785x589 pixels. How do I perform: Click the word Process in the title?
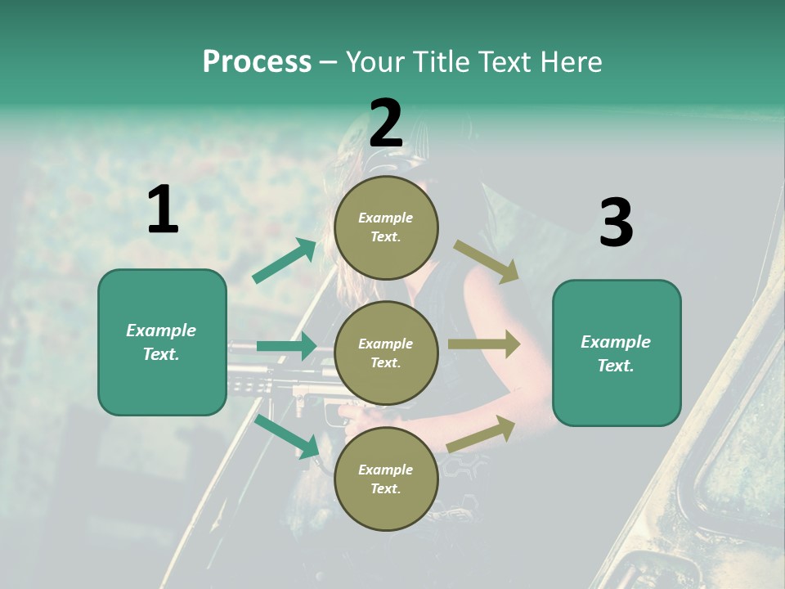point(257,62)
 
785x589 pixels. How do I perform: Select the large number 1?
point(163,210)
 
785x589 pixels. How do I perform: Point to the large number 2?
point(386,123)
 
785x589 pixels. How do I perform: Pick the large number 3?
point(616,223)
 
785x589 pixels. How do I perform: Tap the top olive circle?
point(386,227)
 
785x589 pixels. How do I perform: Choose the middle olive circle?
point(386,353)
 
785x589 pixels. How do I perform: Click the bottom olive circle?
point(386,479)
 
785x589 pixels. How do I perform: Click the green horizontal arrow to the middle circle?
point(286,346)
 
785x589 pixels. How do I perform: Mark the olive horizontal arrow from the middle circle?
point(483,344)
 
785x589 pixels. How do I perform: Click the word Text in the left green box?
point(161,354)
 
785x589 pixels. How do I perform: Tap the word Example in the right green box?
point(616,342)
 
